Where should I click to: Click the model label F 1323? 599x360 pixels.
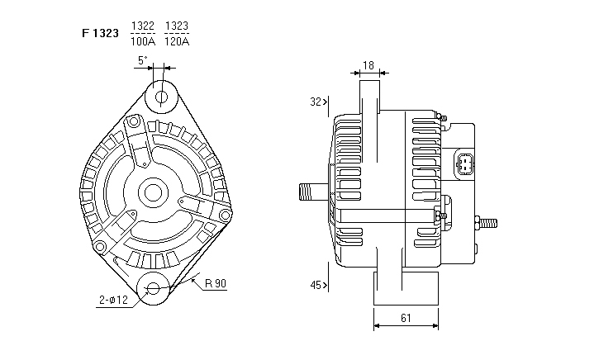[100, 34]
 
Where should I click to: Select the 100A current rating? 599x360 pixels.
[143, 41]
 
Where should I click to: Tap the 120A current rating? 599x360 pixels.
[177, 41]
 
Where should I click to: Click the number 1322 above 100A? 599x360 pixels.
[143, 26]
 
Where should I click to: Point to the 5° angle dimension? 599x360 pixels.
[142, 60]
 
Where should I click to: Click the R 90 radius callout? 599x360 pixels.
[216, 283]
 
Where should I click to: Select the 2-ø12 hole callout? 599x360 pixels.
[113, 300]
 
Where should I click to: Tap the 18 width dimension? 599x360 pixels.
[368, 66]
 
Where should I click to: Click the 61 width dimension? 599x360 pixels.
[406, 318]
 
